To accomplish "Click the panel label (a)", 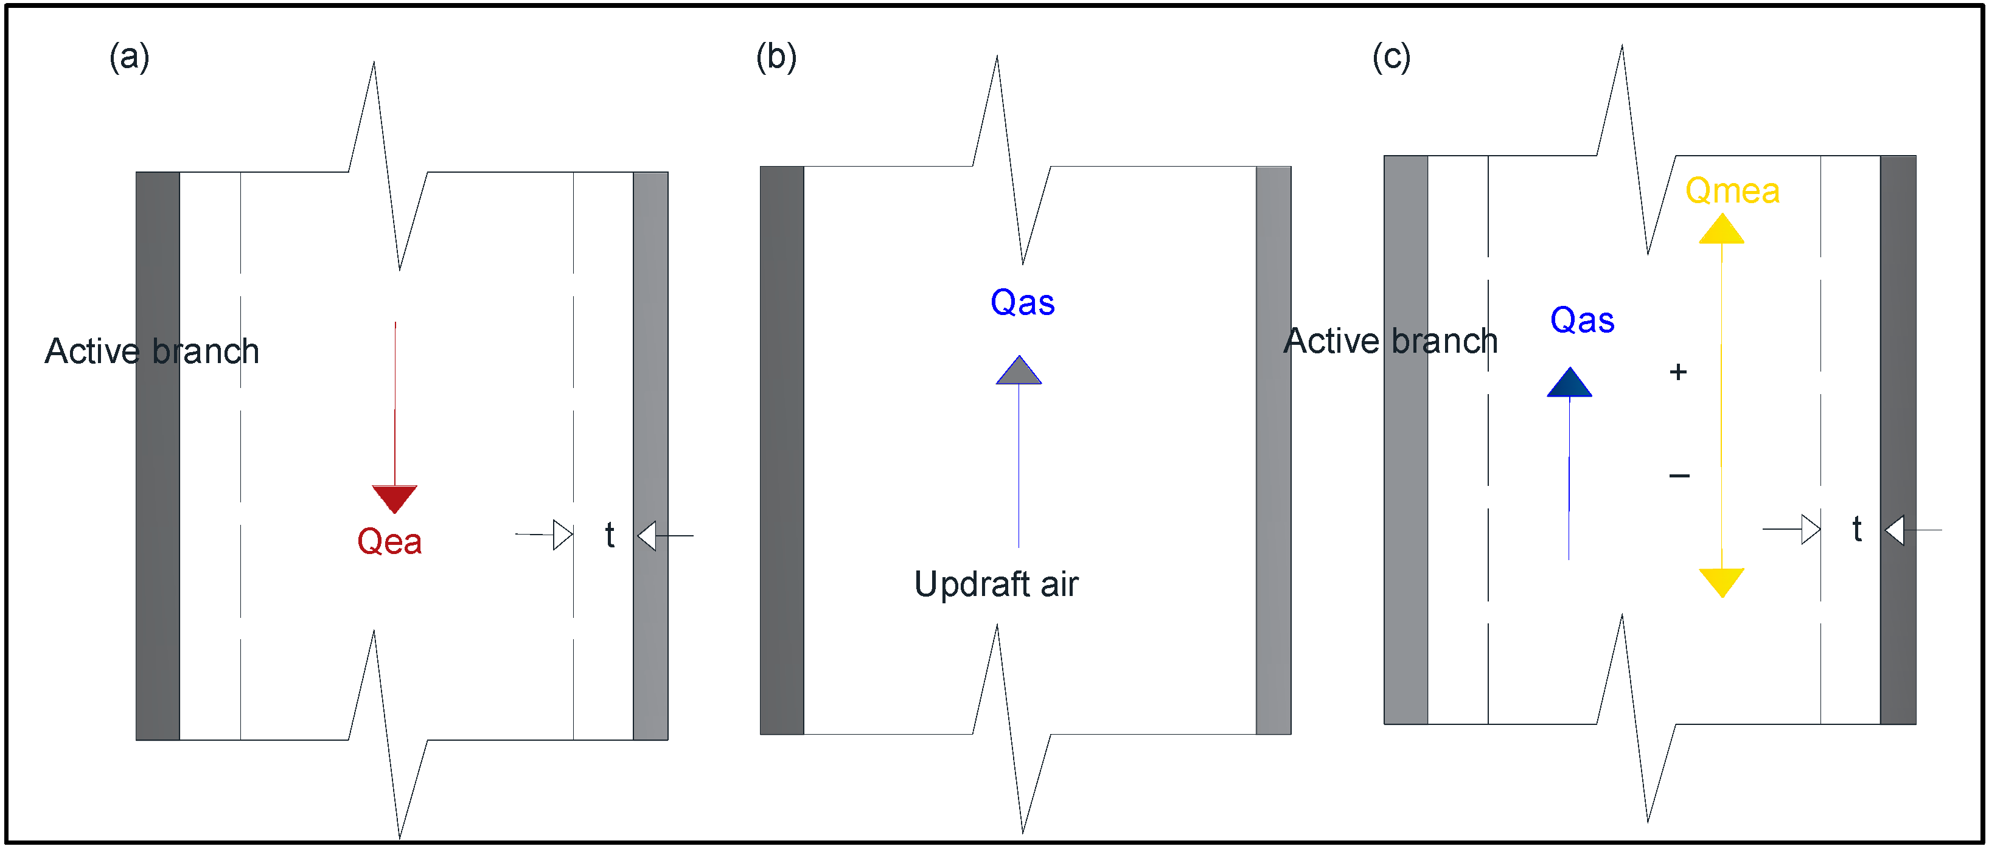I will click(129, 57).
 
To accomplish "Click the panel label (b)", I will click(776, 57).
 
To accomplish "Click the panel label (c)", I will click(1392, 57).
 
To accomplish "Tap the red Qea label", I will click(389, 542).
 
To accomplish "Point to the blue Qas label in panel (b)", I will click(1022, 302).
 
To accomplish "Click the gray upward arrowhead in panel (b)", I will click(1019, 371).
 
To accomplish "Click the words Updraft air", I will click(996, 584).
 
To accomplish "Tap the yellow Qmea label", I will click(1732, 190).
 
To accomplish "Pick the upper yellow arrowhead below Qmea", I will click(1721, 230).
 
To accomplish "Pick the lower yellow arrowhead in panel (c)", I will click(1721, 581).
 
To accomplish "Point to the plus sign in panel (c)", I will click(1678, 372).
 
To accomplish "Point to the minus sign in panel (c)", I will click(1679, 476).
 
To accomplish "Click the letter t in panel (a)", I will click(610, 534).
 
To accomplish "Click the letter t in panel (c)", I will click(1857, 530).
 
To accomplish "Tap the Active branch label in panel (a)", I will click(152, 351).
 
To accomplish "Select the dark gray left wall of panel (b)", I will click(781, 450).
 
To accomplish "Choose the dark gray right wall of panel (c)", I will click(1897, 440).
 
